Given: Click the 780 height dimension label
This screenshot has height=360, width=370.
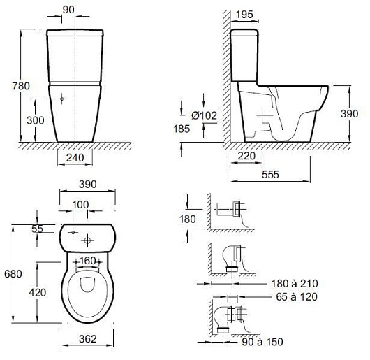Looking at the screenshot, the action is tap(21, 86).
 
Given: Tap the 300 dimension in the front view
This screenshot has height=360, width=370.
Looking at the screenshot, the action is tap(36, 120).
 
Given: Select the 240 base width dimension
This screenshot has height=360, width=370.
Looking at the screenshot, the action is tap(75, 157).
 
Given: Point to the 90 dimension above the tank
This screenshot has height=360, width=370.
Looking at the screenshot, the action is tap(68, 10).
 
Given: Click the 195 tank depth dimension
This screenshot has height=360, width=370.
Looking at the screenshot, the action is tap(244, 15).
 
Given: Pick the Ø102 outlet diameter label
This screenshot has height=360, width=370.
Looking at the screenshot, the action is tap(205, 115).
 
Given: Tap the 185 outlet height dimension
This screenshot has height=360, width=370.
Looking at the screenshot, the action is tap(182, 129).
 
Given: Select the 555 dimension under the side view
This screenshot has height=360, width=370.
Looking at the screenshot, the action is tap(270, 175).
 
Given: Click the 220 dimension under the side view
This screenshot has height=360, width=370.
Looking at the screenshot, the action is tap(246, 156).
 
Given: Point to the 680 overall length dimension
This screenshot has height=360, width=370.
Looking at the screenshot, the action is tap(13, 274).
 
